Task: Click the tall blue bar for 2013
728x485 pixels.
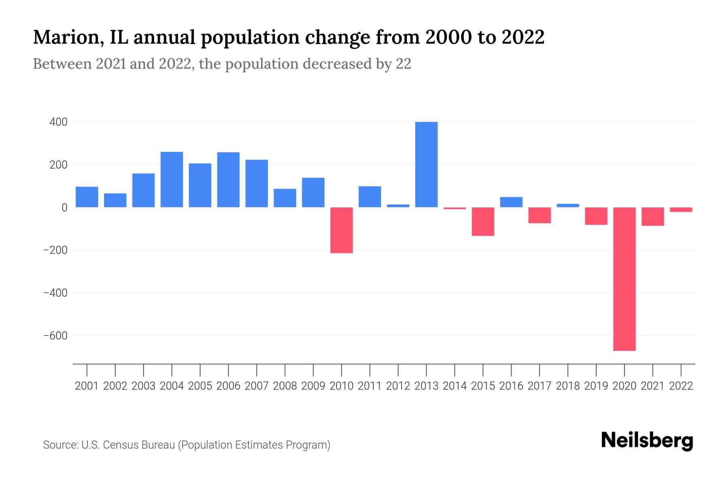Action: pyautogui.click(x=426, y=164)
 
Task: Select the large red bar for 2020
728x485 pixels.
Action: pyautogui.click(x=624, y=279)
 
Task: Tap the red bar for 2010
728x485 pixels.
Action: pyautogui.click(x=341, y=230)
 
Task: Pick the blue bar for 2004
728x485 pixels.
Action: pyautogui.click(x=172, y=179)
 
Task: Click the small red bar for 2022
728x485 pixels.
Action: pyautogui.click(x=681, y=210)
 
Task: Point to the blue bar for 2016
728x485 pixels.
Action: pyautogui.click(x=511, y=202)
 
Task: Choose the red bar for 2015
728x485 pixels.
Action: pyautogui.click(x=483, y=221)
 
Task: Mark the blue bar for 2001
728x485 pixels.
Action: pyautogui.click(x=87, y=197)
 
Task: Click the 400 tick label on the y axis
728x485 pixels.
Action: pyautogui.click(x=58, y=122)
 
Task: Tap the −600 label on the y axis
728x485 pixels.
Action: pyautogui.click(x=55, y=336)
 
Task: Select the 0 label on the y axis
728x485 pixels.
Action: pyautogui.click(x=64, y=207)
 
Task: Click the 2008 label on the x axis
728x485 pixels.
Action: pyautogui.click(x=285, y=386)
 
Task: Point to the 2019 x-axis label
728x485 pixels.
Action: pyautogui.click(x=596, y=386)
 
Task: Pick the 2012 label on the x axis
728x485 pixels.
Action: pyautogui.click(x=398, y=386)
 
